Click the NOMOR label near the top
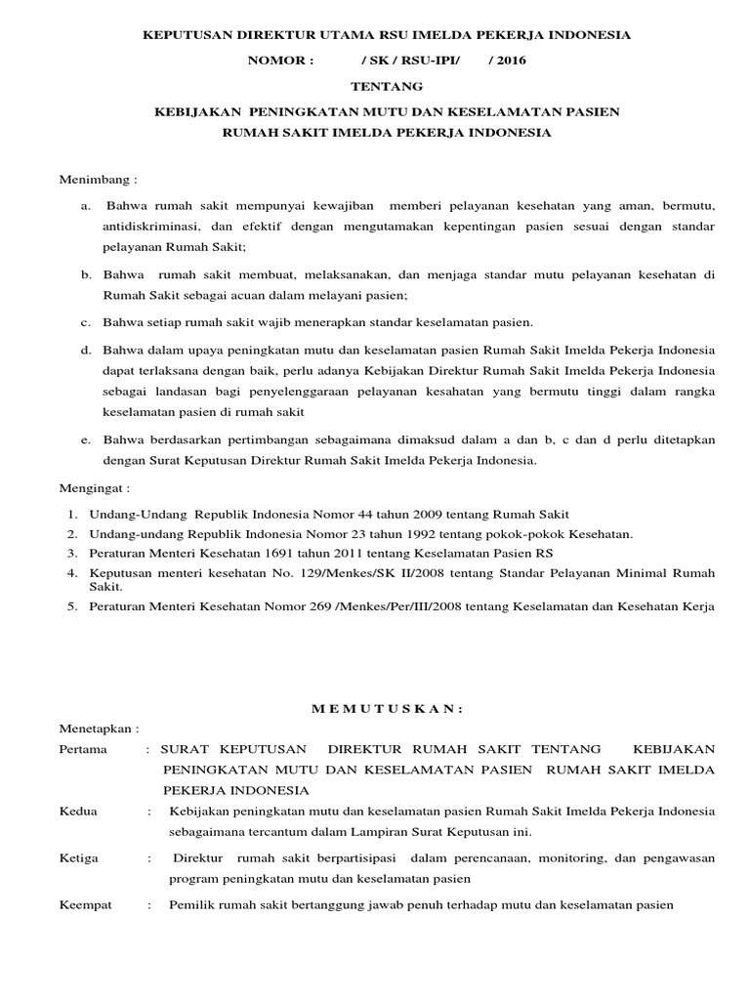[x=283, y=61]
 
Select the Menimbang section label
[x=99, y=182]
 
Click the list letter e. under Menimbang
[x=86, y=441]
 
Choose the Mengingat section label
[x=95, y=487]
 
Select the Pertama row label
[x=86, y=749]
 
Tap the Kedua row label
[x=80, y=812]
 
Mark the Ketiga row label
[x=81, y=858]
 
